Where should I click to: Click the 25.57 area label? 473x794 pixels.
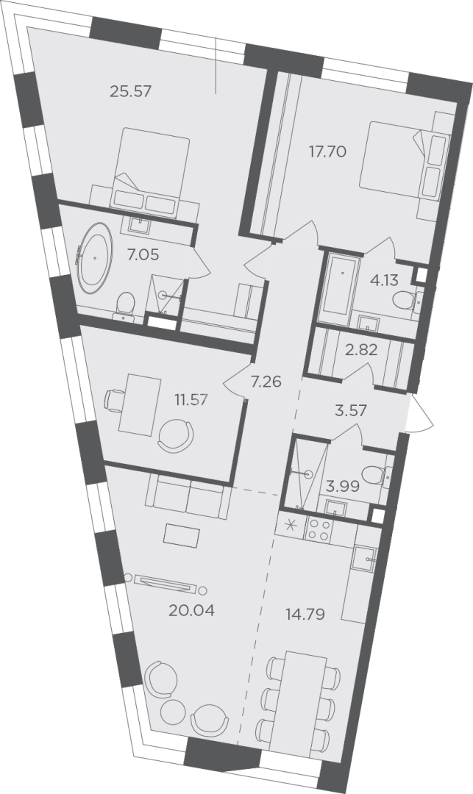coord(131,92)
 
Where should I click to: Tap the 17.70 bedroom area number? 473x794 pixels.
coord(328,151)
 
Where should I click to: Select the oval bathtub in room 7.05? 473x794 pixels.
coord(95,259)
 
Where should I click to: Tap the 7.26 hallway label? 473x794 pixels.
coord(266,381)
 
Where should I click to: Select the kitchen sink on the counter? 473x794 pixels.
coord(363,559)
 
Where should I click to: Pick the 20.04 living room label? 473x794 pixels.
coord(192,611)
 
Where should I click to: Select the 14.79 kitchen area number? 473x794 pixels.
coord(305,615)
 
